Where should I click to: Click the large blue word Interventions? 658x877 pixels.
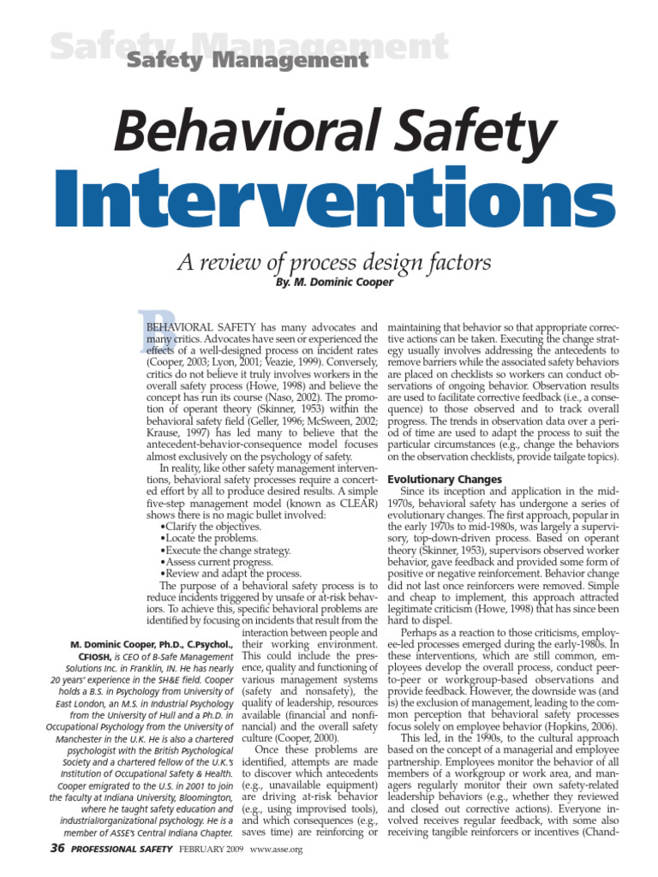(x=329, y=196)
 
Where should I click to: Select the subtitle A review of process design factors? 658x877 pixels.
(x=333, y=262)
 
